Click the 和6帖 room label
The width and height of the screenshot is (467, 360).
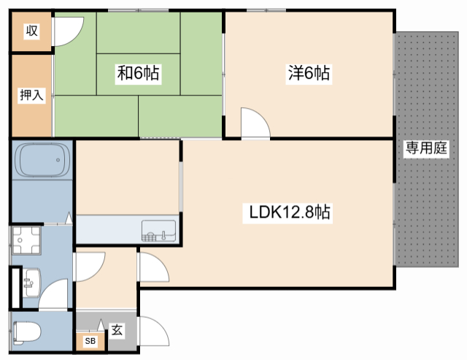[x=139, y=73]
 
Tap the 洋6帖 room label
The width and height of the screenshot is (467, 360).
[x=309, y=73]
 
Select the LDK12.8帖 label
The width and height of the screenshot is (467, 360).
[x=289, y=212]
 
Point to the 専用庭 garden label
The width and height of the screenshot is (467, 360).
[x=426, y=148]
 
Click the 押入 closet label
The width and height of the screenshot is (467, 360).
[x=31, y=95]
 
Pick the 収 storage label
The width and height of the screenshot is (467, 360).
[x=31, y=31]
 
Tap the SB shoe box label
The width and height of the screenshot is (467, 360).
[x=90, y=340]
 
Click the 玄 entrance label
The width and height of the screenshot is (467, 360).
[x=117, y=331]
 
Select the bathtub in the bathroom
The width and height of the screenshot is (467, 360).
[x=42, y=160]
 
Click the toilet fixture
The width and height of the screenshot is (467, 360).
[x=26, y=332]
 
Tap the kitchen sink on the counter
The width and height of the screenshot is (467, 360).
[x=159, y=230]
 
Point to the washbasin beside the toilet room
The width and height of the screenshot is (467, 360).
[x=31, y=283]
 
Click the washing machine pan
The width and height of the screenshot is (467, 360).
[x=26, y=240]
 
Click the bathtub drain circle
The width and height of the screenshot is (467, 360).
[x=58, y=160]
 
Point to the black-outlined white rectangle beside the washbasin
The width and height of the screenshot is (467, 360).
[x=15, y=288]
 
